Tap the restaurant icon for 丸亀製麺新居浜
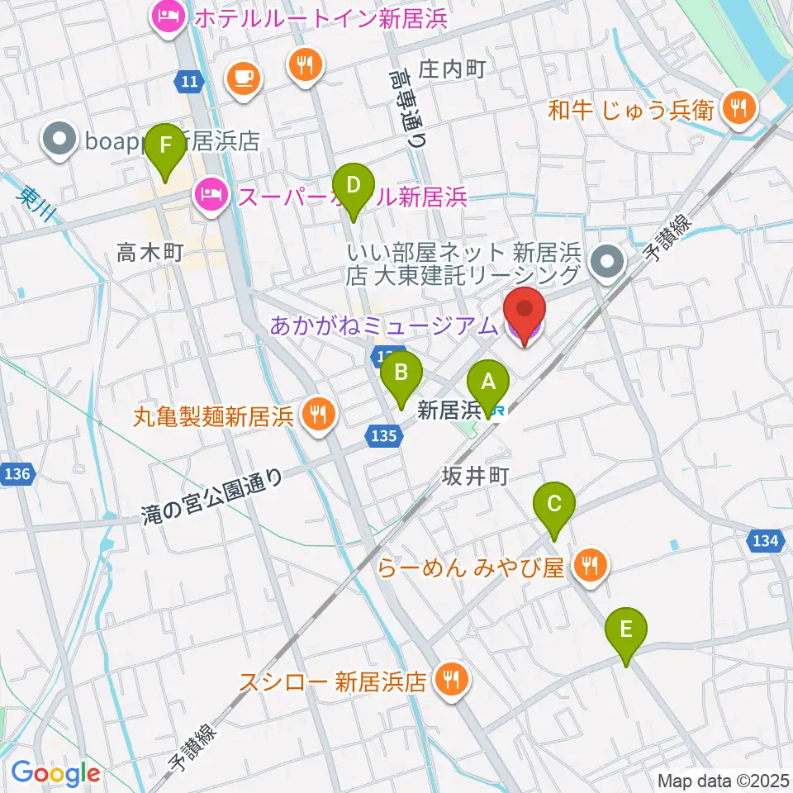[316, 413]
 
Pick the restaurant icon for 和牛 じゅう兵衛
[735, 108]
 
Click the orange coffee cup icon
[243, 78]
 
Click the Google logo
[56, 772]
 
